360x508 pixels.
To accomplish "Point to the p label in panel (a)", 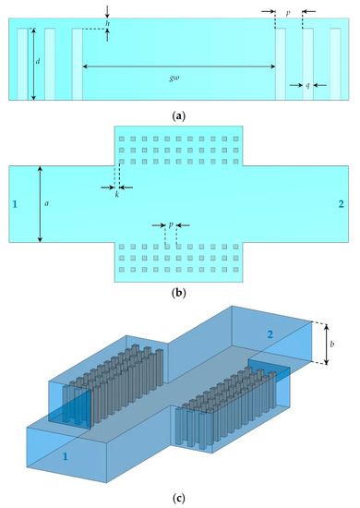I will (289, 15).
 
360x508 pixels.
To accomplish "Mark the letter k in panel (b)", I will (115, 197).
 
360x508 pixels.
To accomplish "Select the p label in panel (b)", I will (171, 224).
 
